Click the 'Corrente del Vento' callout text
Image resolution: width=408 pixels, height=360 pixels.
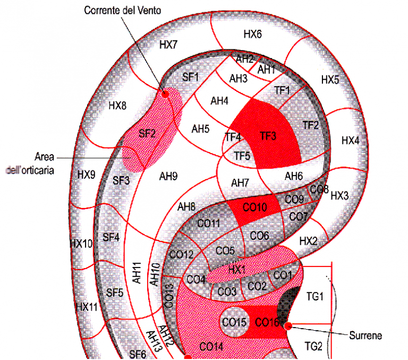pos(122,11)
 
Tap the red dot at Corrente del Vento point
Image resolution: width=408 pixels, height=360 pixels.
pos(165,94)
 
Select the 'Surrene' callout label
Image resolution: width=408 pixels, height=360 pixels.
pos(365,336)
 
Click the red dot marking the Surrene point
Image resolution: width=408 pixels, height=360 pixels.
pos(288,325)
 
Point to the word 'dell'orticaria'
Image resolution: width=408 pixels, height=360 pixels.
pos(30,170)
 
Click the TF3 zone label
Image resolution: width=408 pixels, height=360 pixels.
pos(268,136)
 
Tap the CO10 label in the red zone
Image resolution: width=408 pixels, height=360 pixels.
pos(255,207)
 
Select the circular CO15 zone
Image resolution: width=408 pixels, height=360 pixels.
pos(234,322)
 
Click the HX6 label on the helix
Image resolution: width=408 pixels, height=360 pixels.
pos(252,34)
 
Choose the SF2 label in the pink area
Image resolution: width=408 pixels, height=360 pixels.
pos(147,133)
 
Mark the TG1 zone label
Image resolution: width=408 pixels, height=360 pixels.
pos(315,296)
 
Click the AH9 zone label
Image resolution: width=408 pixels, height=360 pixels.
pos(168,177)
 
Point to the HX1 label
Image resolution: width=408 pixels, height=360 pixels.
pos(237,270)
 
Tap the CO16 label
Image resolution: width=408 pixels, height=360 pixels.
pos(267,322)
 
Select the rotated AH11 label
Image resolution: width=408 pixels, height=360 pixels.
pos(137,273)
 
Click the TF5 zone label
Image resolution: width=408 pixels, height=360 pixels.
pos(242,156)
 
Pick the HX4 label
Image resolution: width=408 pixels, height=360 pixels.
pos(350,141)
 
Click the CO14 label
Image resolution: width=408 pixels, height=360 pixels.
pos(211,347)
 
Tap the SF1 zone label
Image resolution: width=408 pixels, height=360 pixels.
pos(190,77)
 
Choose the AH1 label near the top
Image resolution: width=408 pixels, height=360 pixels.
pos(266,70)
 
